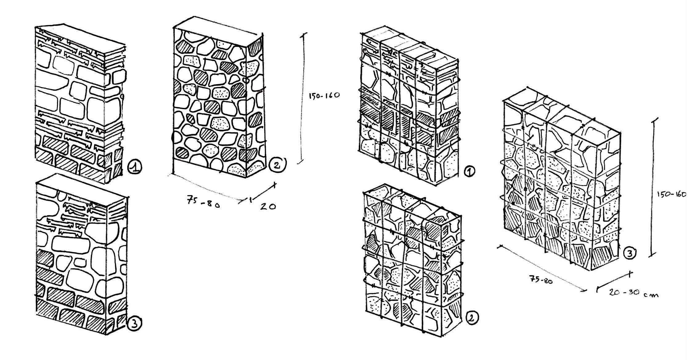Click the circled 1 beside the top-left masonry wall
[135, 167]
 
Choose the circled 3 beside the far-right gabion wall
[630, 253]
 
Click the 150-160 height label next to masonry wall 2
[324, 95]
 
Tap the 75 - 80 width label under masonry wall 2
[203, 202]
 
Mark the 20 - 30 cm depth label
[634, 293]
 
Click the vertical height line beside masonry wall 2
[303, 98]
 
